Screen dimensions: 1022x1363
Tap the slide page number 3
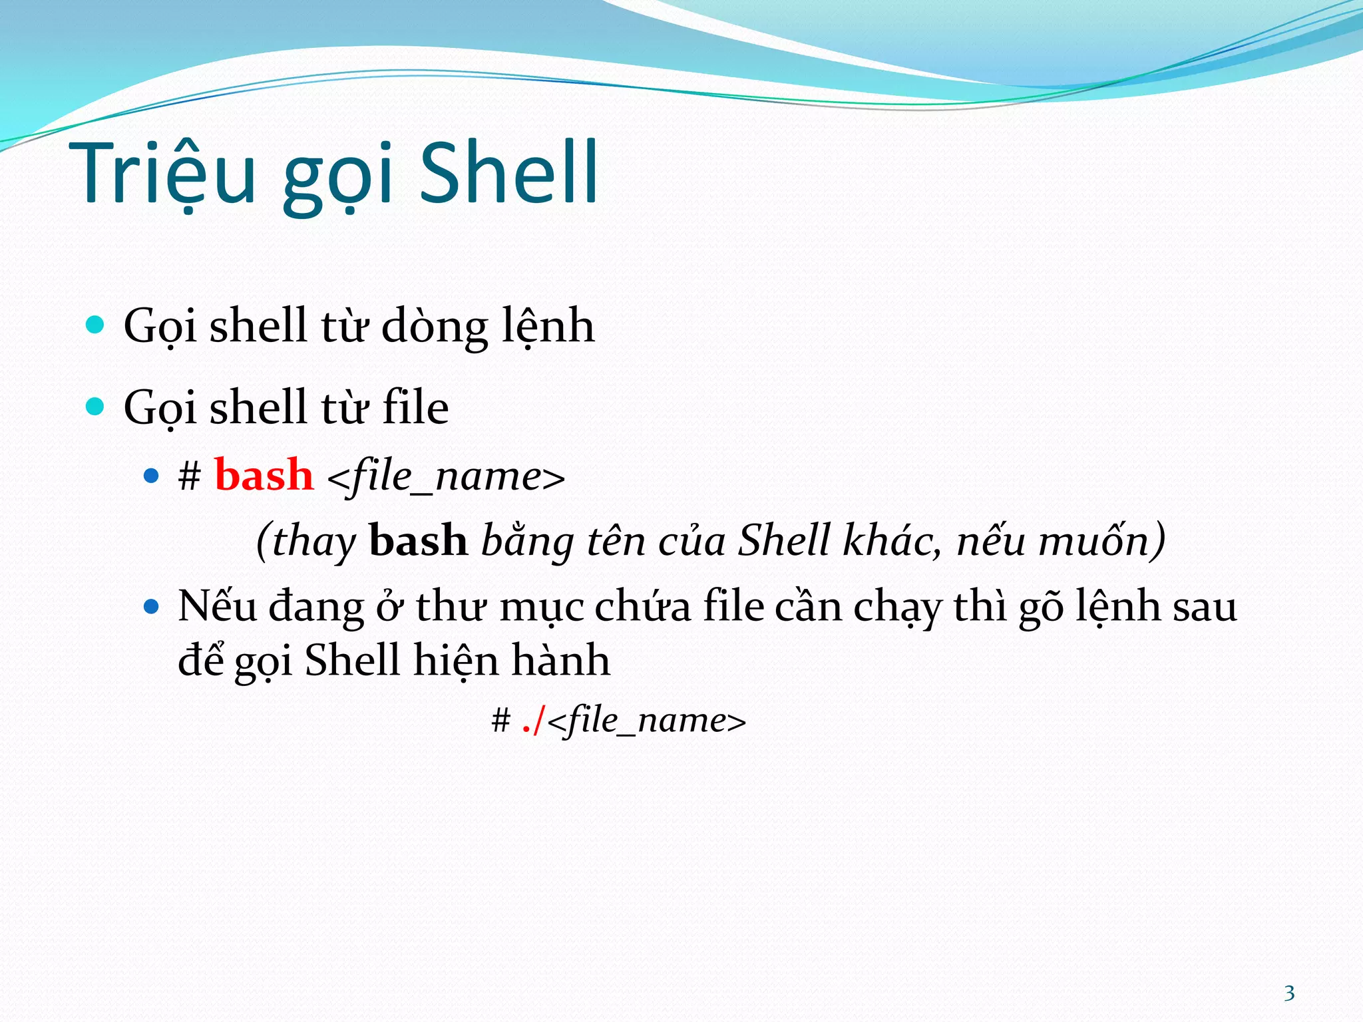click(1289, 993)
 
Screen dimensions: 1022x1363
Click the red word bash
click(264, 476)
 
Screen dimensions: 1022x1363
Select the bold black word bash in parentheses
click(418, 540)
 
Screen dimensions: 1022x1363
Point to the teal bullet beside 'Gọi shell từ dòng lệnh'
click(96, 325)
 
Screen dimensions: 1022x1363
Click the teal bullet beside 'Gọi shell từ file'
click(96, 407)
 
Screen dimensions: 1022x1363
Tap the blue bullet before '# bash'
click(152, 476)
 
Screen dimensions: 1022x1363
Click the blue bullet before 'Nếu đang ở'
click(152, 606)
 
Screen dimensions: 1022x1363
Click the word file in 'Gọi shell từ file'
click(415, 408)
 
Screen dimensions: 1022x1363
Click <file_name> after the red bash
click(446, 477)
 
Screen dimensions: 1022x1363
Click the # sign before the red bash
click(190, 477)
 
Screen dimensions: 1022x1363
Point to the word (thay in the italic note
click(306, 542)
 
